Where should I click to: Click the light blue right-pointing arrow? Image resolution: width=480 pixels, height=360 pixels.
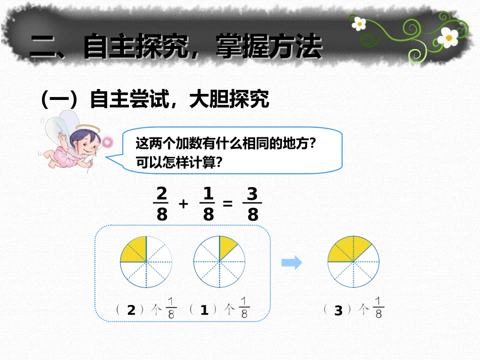[292, 262]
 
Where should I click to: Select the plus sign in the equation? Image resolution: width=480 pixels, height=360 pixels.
[184, 204]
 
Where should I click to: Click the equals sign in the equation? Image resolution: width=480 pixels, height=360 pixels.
[228, 204]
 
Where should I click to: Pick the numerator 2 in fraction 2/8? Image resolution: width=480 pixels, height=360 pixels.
[162, 193]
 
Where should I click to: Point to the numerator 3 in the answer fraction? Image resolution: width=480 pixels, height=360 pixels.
[253, 193]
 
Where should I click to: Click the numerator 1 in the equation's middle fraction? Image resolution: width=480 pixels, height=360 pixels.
[208, 193]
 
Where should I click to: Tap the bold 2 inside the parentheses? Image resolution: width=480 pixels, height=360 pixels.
[131, 311]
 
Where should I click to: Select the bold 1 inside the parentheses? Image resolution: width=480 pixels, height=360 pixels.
[204, 311]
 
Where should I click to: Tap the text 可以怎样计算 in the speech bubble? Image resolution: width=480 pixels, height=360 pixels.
[176, 163]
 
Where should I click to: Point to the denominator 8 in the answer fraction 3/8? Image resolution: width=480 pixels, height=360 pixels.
[253, 216]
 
